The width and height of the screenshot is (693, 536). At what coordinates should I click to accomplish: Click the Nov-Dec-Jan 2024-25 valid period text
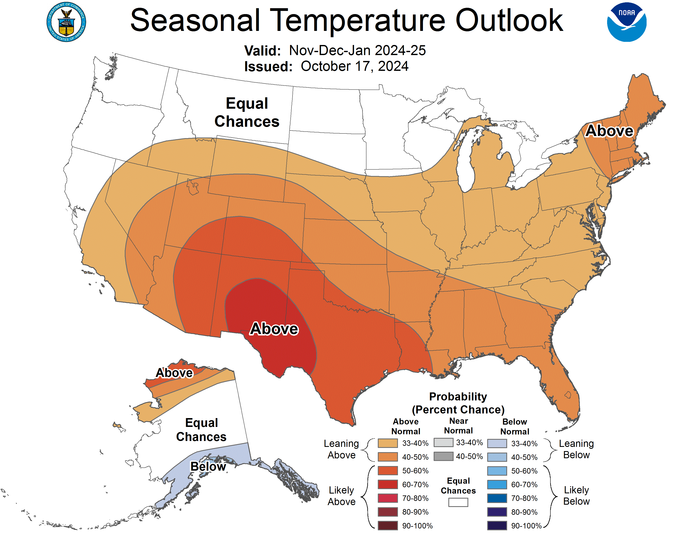[x=357, y=50]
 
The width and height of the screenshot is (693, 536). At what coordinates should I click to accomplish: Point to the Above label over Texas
[x=274, y=329]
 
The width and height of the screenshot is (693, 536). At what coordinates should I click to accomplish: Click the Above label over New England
[x=609, y=131]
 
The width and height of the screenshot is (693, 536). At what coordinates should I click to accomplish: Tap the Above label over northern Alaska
[x=174, y=373]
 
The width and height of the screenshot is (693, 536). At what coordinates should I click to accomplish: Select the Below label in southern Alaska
[x=208, y=466]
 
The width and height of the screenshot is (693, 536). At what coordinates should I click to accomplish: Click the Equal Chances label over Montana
[x=247, y=112]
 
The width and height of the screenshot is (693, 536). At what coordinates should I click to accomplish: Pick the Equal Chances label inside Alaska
[x=201, y=430]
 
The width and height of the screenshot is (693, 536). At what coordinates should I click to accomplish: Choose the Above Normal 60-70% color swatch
[x=387, y=485]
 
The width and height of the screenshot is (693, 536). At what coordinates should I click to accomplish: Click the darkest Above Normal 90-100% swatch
[x=387, y=525]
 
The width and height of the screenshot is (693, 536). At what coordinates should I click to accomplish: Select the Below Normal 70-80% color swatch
[x=497, y=498]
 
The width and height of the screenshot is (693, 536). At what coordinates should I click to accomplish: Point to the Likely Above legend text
[x=341, y=496]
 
